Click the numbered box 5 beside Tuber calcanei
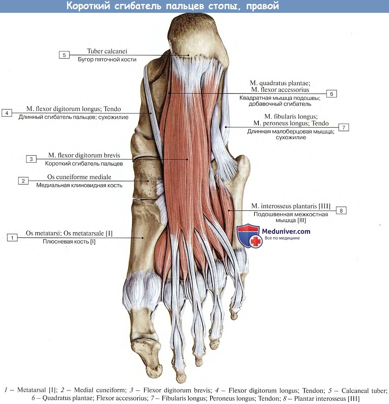coord(64,55)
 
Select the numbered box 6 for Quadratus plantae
coord(331,94)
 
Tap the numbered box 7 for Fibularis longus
coord(343,127)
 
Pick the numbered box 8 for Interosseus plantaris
coord(341,211)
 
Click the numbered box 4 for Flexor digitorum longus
coord(7,113)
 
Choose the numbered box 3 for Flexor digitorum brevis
coord(31,159)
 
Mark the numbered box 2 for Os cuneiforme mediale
coord(23,181)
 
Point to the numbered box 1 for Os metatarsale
coord(12,237)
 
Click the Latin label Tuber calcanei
coord(107,51)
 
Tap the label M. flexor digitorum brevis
coord(84,156)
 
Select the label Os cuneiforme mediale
coord(79,177)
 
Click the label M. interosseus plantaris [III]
coord(291,206)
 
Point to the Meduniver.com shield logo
coord(249,236)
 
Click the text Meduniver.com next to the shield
coord(286,231)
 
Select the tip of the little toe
coord(234,316)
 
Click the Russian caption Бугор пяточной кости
coord(107,60)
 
